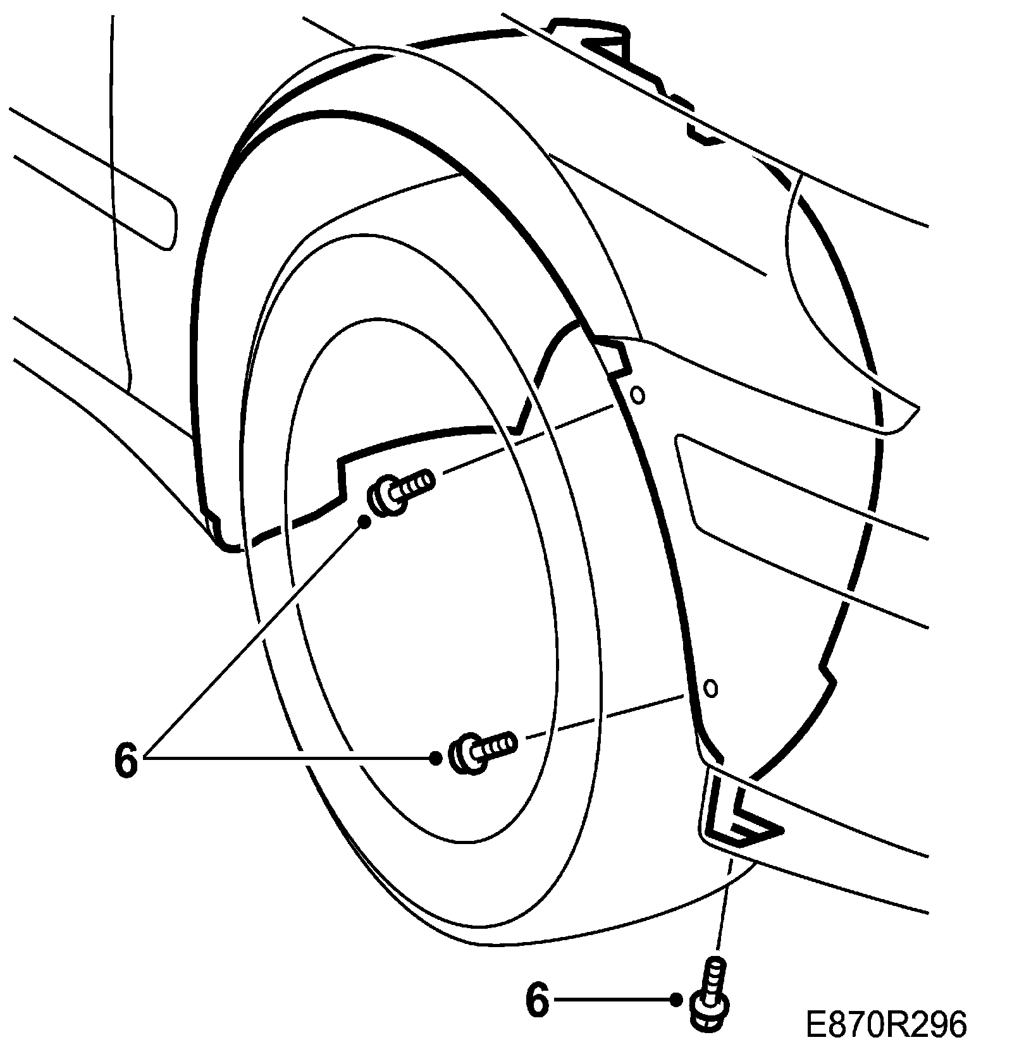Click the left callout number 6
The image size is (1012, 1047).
126,760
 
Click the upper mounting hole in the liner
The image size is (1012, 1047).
639,395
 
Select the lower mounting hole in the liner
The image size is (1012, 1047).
711,688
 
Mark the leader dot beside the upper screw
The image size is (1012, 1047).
365,521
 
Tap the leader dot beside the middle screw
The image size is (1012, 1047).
436,758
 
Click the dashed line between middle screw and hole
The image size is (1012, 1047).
601,718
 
